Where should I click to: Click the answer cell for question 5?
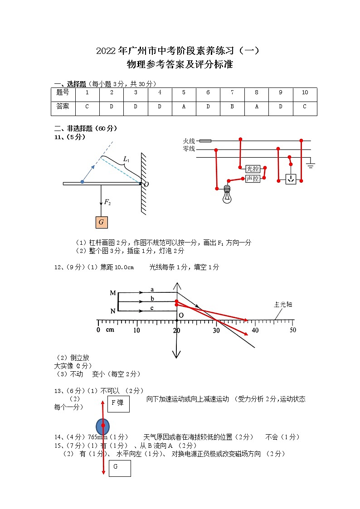(x=184, y=107)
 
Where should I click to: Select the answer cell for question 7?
(x=232, y=107)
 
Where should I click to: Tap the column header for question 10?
(x=305, y=92)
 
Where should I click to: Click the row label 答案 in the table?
(x=63, y=107)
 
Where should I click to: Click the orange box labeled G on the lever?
(x=101, y=222)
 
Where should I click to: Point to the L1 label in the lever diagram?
(x=126, y=160)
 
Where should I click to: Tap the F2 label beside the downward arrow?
(x=107, y=202)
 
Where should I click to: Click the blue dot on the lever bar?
(x=82, y=182)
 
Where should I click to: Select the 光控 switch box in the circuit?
(x=253, y=169)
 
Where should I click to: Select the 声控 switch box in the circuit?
(x=253, y=179)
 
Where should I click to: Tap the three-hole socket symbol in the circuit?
(x=291, y=179)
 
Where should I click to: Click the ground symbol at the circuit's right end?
(x=310, y=165)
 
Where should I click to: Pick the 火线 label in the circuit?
(x=189, y=141)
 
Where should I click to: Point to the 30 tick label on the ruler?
(x=216, y=330)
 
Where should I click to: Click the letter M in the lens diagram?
(x=113, y=293)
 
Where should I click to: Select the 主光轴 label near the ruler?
(x=283, y=305)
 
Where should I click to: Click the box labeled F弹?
(x=118, y=403)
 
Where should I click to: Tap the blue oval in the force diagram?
(x=103, y=426)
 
